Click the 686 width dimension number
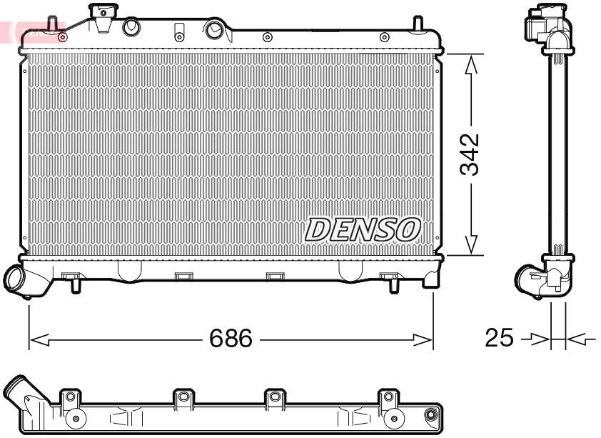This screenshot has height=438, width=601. (x=231, y=338)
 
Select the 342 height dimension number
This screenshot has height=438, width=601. (x=469, y=154)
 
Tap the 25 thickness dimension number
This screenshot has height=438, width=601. (x=499, y=338)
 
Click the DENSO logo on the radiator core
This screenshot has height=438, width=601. (x=363, y=229)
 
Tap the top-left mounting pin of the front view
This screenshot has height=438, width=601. (x=53, y=23)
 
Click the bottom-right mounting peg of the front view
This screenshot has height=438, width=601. (x=393, y=285)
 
